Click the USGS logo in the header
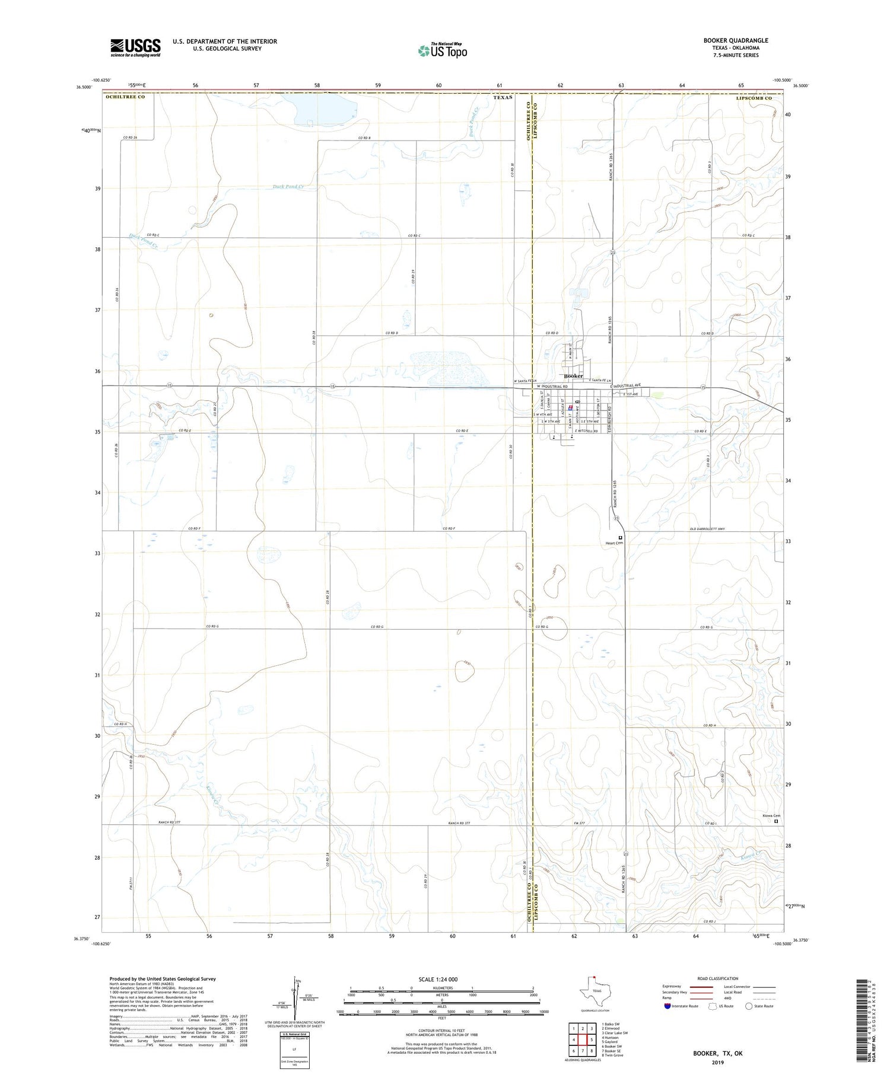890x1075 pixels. tap(135, 47)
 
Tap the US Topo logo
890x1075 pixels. tap(443, 51)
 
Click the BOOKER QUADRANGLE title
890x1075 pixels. tap(735, 40)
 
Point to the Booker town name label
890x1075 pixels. tap(573, 376)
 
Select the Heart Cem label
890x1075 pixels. tap(614, 543)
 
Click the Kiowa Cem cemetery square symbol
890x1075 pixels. tap(775, 821)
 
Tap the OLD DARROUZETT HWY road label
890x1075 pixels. tap(707, 529)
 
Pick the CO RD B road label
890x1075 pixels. tap(364, 138)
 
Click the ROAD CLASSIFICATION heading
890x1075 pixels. tap(717, 978)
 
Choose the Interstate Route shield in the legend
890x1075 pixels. tap(668, 1006)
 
